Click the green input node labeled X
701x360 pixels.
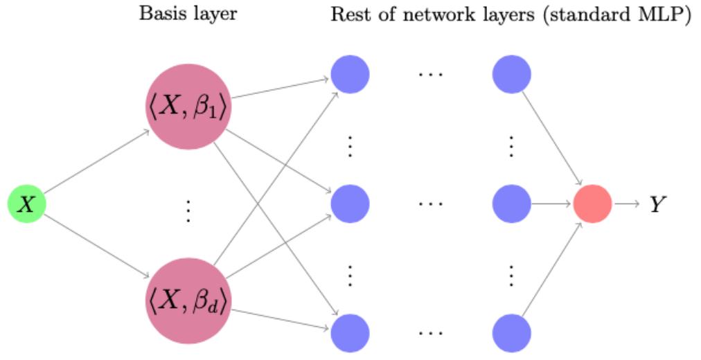pos(26,205)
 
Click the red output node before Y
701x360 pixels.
pos(592,204)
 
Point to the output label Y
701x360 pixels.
pos(657,205)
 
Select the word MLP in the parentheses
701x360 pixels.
pos(663,15)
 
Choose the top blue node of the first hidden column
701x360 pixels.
pos(350,73)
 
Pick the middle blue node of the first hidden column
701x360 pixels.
pos(350,204)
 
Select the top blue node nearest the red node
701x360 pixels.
pos(511,73)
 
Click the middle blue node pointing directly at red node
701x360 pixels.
pos(511,204)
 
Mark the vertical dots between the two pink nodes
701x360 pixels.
pos(187,210)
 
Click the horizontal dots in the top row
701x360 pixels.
pos(430,73)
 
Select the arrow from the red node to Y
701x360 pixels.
pos(627,204)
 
